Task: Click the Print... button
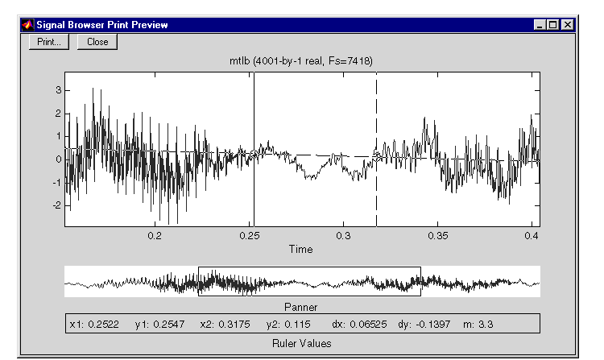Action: coord(49,42)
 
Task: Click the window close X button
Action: coord(568,25)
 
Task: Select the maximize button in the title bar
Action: coord(553,25)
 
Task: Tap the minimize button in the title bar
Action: coord(540,25)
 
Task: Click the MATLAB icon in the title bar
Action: coord(27,25)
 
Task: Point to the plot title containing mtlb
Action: coord(301,61)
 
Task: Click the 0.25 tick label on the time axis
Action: coord(250,236)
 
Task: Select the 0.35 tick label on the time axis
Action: coord(438,236)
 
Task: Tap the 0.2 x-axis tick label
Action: coord(155,236)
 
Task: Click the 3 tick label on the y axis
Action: coord(59,90)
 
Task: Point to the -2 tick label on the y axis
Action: coord(57,205)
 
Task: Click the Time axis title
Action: coord(301,249)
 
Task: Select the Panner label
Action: coord(301,307)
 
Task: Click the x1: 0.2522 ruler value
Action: coord(94,325)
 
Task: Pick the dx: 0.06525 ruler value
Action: coord(359,325)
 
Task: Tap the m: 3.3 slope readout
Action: coord(478,325)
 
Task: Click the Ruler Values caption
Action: coord(302,343)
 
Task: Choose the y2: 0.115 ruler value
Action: coord(288,325)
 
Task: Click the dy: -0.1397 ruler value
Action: coord(424,325)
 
